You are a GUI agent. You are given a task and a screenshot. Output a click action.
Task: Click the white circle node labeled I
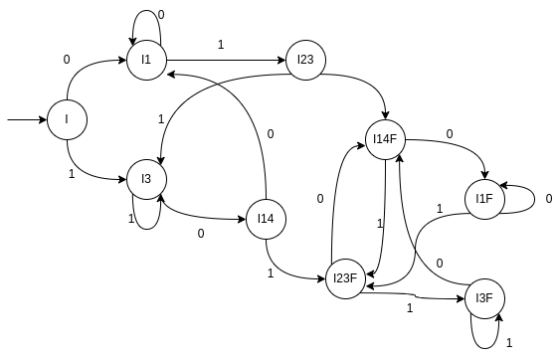[x=67, y=120]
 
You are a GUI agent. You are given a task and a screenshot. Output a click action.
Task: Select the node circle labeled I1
[x=146, y=61]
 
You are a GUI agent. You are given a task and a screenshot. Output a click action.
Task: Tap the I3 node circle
[x=146, y=180]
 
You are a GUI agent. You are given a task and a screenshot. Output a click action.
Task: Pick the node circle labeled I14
[x=266, y=220]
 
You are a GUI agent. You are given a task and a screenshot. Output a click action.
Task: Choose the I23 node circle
[x=305, y=61]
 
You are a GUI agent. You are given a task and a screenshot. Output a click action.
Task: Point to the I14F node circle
[x=385, y=140]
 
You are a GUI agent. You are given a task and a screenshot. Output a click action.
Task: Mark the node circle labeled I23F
[x=345, y=279]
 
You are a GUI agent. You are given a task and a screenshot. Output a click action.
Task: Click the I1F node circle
[x=484, y=200]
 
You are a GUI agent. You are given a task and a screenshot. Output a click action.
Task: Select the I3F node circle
[x=484, y=299]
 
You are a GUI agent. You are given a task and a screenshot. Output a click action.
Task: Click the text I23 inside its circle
[x=305, y=61]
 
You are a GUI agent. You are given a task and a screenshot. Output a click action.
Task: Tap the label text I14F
[x=385, y=140]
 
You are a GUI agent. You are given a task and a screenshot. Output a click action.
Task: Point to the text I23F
[x=345, y=279]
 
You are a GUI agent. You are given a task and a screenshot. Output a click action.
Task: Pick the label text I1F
[x=484, y=200]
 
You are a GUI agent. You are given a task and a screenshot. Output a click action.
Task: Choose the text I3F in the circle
[x=484, y=299]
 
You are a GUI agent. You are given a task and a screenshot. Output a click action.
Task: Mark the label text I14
[x=266, y=220]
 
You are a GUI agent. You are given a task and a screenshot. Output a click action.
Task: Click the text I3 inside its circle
[x=146, y=180]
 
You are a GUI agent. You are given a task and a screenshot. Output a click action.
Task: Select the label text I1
[x=146, y=61]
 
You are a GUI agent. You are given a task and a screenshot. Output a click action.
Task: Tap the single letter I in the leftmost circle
[x=67, y=120]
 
